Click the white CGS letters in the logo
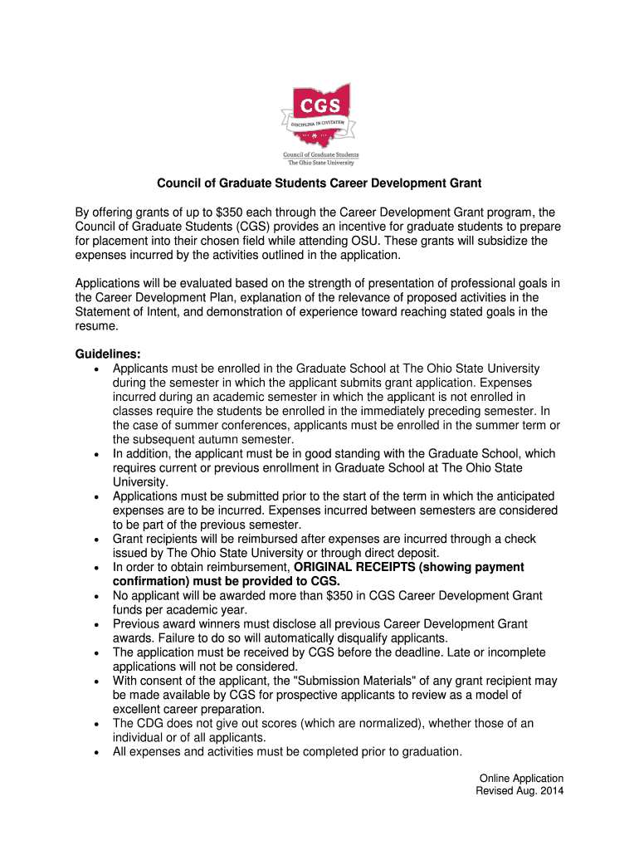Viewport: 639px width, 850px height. point(319,106)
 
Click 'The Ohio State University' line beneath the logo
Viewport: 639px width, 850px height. point(319,162)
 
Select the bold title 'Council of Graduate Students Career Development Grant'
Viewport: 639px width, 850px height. point(319,182)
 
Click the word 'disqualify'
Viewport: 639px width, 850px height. point(362,638)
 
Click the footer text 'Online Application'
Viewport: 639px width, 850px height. point(521,779)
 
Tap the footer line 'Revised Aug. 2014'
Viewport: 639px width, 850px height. point(519,792)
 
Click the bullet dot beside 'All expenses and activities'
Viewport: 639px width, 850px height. point(97,753)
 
